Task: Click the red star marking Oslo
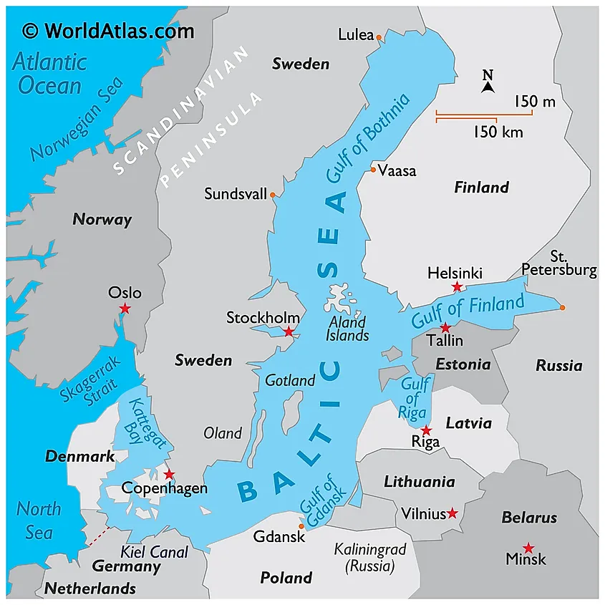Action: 125,309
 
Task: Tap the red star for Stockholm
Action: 289,331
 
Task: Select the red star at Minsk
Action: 528,548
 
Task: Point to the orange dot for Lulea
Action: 379,37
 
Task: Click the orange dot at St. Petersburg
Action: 563,308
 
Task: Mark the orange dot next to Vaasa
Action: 373,170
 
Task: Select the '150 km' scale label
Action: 498,132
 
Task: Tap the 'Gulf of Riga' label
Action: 415,399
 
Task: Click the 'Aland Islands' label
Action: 347,329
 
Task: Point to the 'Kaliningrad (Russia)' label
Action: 370,558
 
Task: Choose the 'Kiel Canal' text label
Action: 155,552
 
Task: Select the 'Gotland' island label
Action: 290,381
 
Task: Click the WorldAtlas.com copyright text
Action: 108,31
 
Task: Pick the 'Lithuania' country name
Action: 419,481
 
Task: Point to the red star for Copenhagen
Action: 169,475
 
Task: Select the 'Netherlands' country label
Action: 90,589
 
